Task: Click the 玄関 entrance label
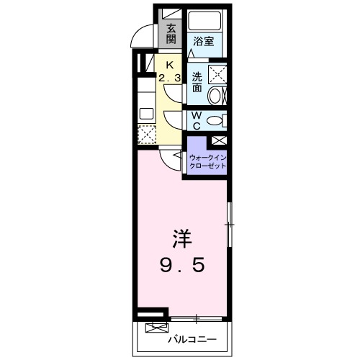(x=171, y=34)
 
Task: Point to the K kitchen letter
(x=170, y=63)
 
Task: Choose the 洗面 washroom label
(x=197, y=81)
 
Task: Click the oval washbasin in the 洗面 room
(x=215, y=95)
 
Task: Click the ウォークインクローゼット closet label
(x=207, y=161)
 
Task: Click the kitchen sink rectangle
(x=147, y=114)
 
